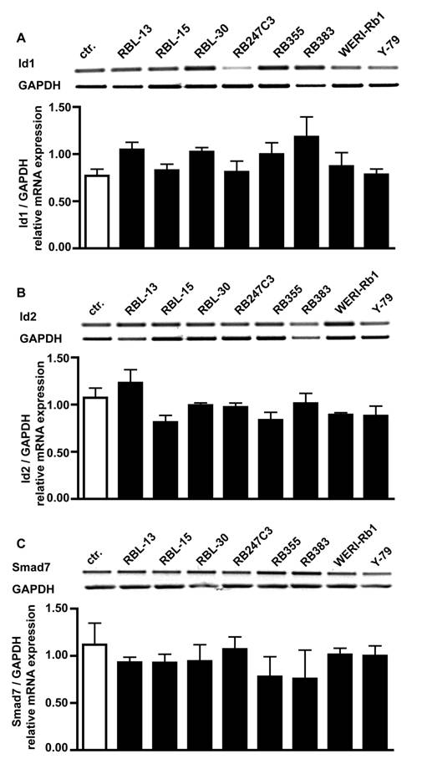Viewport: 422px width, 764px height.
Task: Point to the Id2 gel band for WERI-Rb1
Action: coord(343,321)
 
